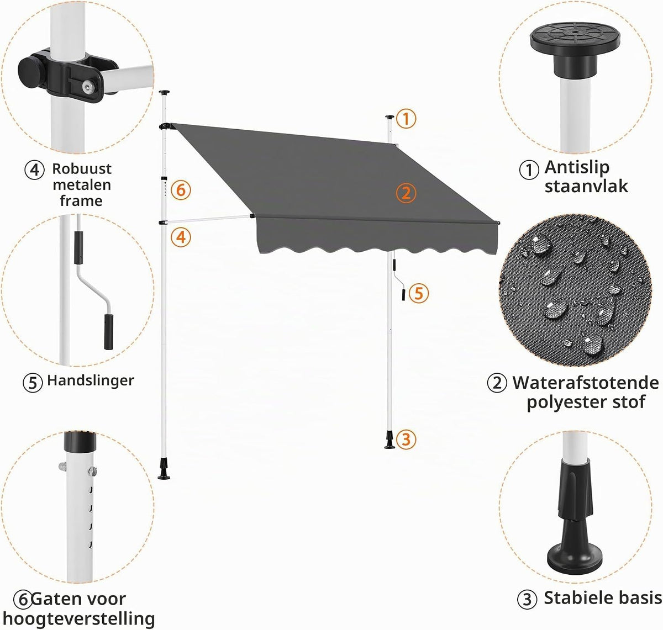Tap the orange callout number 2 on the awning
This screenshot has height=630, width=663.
pyautogui.click(x=406, y=193)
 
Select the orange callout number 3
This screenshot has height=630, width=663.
pyautogui.click(x=406, y=439)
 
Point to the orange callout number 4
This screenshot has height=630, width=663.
pyautogui.click(x=181, y=237)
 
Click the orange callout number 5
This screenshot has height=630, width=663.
pyautogui.click(x=418, y=293)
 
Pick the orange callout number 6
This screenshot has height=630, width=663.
pyautogui.click(x=181, y=190)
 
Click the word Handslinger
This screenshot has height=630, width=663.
pyautogui.click(x=91, y=380)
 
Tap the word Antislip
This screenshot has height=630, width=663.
pyautogui.click(x=577, y=167)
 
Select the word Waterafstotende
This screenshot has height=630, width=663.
pyautogui.click(x=586, y=383)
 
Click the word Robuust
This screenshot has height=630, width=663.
pyautogui.click(x=82, y=168)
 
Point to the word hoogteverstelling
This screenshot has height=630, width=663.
pyautogui.click(x=78, y=619)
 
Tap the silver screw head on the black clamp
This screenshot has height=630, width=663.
pyautogui.click(x=89, y=88)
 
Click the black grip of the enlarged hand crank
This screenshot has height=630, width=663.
pyautogui.click(x=109, y=332)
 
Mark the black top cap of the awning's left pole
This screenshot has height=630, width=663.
pyautogui.click(x=164, y=92)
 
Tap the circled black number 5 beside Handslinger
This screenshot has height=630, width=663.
pyautogui.click(x=33, y=383)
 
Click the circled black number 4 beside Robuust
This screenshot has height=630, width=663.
pyautogui.click(x=34, y=170)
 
